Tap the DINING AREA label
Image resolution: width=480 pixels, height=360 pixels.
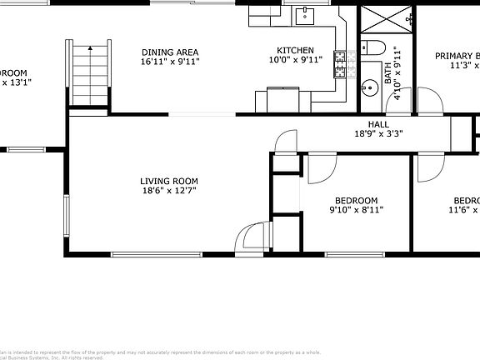[170, 51]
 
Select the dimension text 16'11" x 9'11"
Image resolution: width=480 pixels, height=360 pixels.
[170, 62]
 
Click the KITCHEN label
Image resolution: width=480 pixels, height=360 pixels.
[296, 51]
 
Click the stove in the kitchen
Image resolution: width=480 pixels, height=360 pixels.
[340, 63]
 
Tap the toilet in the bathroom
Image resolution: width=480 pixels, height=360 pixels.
[372, 47]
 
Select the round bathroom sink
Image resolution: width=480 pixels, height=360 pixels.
[367, 86]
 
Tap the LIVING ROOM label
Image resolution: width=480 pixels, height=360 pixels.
[168, 181]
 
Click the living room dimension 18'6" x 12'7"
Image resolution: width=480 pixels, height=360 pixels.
[168, 192]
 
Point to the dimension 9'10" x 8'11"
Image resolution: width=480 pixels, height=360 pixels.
[356, 211]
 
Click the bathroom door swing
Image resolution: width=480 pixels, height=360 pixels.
[430, 102]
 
